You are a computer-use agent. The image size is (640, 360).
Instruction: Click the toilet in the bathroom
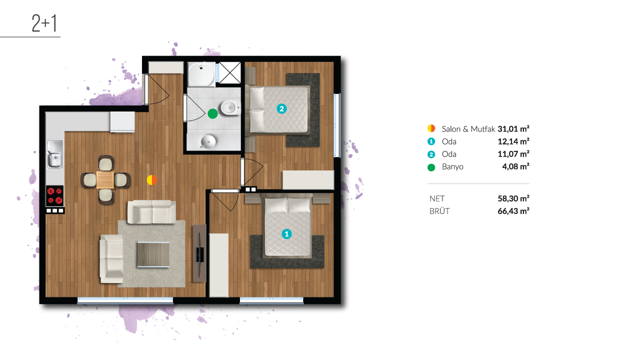pyautogui.click(x=230, y=107)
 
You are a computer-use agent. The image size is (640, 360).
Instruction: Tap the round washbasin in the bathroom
pyautogui.click(x=208, y=141)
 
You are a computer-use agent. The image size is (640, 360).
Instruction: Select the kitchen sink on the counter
pyautogui.click(x=54, y=154)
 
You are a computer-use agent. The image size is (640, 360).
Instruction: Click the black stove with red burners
pyautogui.click(x=55, y=195)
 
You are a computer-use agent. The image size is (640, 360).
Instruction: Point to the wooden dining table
pyautogui.click(x=105, y=180)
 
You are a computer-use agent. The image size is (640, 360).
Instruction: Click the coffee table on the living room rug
pyautogui.click(x=153, y=254)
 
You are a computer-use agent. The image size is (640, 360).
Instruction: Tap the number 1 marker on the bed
pyautogui.click(x=286, y=234)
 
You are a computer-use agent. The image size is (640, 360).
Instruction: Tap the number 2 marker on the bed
pyautogui.click(x=281, y=109)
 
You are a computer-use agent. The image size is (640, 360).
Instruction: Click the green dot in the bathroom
pyautogui.click(x=212, y=113)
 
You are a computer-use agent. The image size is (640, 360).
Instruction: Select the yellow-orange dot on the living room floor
pyautogui.click(x=152, y=180)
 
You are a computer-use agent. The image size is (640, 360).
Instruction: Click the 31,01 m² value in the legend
pyautogui.click(x=513, y=129)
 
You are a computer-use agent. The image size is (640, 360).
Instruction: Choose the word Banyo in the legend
pyautogui.click(x=452, y=167)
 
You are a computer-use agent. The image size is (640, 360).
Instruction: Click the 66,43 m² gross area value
pyautogui.click(x=513, y=211)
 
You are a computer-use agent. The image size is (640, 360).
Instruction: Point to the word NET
pyautogui.click(x=437, y=198)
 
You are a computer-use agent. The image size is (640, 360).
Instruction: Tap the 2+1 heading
pyautogui.click(x=44, y=23)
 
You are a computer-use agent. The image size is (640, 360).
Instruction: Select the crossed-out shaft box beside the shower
pyautogui.click(x=229, y=73)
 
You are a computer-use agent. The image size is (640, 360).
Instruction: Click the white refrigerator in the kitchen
pyautogui.click(x=122, y=122)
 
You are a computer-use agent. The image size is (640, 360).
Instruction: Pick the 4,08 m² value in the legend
pyautogui.click(x=515, y=166)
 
